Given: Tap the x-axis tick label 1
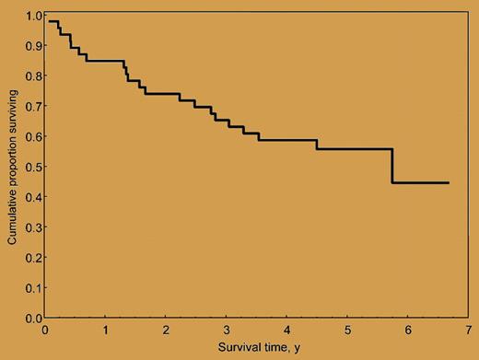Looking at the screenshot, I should click(x=105, y=329).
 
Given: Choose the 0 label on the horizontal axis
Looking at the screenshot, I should click(x=45, y=329).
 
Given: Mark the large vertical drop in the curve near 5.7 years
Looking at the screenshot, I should click(x=392, y=166).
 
